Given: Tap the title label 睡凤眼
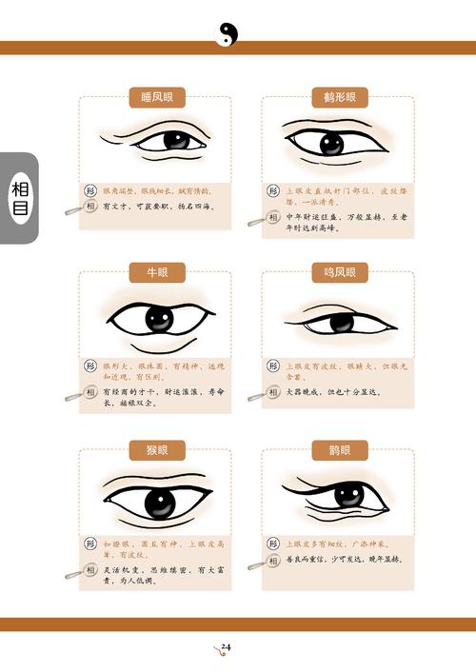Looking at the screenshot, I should point(156,97).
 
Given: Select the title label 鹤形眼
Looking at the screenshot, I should point(338,97).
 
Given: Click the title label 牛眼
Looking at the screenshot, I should point(156,273).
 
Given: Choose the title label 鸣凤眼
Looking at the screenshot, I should point(338,273).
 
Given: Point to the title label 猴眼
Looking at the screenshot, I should point(156,449).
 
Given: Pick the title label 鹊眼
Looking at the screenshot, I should point(338,449).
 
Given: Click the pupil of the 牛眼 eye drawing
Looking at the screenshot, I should point(159,320).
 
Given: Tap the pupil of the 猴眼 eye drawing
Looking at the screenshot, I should point(157,500).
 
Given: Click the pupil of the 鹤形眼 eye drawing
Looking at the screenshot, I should point(330,144).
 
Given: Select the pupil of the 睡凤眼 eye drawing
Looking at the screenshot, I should point(176,141).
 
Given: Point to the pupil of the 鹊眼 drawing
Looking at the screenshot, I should point(348,495).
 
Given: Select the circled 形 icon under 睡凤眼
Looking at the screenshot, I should point(91,190).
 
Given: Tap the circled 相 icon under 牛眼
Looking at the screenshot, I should point(91,390).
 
